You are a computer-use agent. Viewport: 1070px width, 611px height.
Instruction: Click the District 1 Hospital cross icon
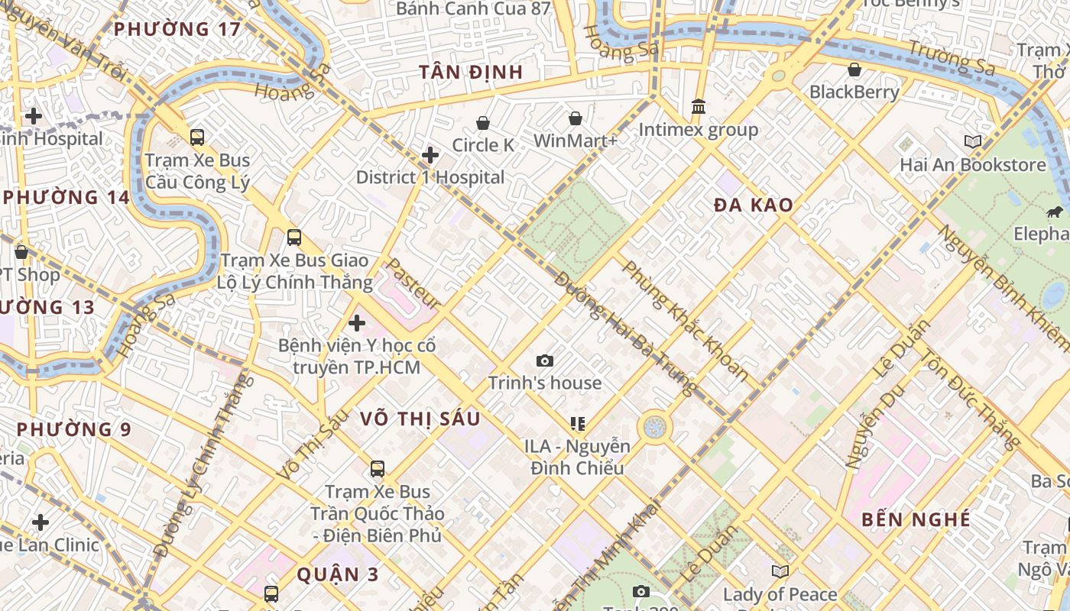[430, 155]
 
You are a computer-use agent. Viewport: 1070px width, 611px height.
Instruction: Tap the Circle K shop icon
[483, 123]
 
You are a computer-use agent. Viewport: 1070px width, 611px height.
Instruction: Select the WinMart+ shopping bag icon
[575, 118]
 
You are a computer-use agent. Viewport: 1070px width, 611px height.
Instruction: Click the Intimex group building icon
[699, 107]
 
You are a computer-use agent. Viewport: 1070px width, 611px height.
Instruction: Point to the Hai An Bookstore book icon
[972, 141]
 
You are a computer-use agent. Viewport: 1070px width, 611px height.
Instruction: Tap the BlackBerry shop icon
[854, 70]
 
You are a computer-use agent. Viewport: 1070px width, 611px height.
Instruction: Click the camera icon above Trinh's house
[545, 360]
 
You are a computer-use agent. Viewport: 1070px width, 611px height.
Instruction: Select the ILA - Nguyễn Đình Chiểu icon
[578, 423]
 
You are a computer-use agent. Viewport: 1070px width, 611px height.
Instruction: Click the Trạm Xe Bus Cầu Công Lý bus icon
[197, 137]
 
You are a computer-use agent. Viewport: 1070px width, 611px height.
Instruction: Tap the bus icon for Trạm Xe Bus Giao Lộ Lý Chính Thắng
[294, 238]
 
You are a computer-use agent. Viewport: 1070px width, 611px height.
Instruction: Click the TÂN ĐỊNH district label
[471, 73]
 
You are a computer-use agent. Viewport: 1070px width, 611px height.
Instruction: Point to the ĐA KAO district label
[753, 205]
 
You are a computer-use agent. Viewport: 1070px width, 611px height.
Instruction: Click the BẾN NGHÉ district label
[916, 520]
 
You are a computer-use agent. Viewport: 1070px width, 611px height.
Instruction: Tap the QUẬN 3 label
[337, 575]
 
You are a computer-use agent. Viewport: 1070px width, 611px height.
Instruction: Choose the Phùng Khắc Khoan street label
[685, 322]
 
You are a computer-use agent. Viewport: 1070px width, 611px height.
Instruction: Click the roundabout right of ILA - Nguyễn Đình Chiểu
[654, 427]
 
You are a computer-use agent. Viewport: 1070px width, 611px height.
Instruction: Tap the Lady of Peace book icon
[780, 571]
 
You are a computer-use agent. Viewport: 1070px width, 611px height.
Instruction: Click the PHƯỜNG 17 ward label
[177, 30]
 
